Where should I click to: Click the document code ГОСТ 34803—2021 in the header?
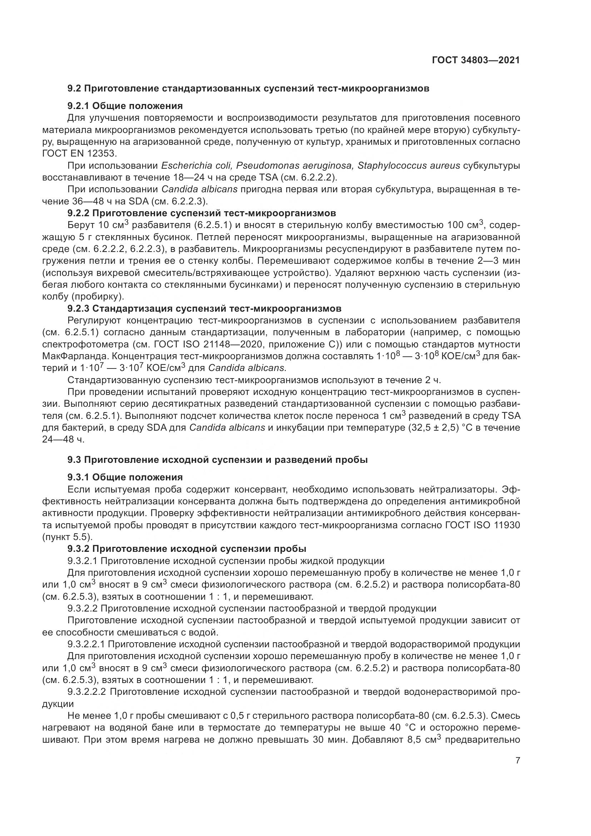click(476, 60)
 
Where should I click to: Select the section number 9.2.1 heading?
click(79, 106)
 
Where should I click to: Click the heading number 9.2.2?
click(79, 213)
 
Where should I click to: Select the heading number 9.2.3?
click(79, 308)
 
